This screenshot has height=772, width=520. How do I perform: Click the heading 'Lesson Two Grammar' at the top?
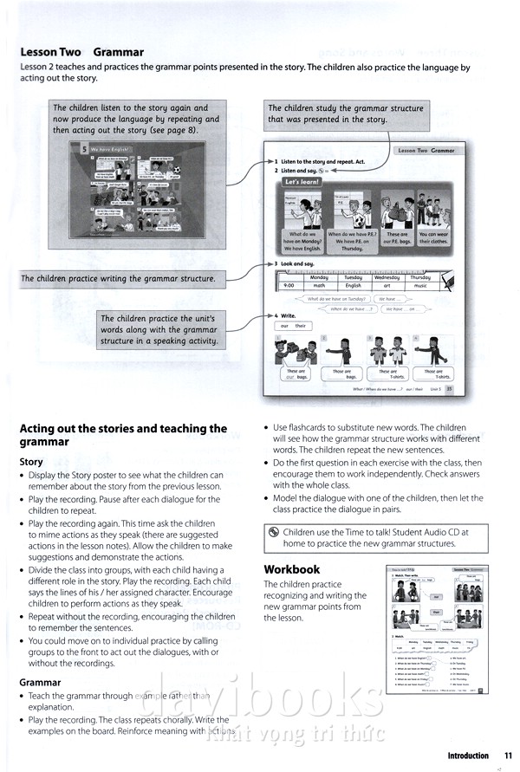[x=81, y=52]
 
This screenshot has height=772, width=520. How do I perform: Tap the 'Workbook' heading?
[x=291, y=569]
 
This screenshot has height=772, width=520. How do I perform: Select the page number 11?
[x=508, y=756]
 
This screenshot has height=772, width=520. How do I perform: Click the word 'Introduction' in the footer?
[x=468, y=756]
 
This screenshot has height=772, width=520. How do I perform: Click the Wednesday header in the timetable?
[x=387, y=277]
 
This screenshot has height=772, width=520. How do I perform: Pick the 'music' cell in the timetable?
[x=419, y=285]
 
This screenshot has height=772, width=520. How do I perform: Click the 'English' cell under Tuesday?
[x=354, y=285]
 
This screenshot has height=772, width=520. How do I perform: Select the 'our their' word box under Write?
[x=293, y=326]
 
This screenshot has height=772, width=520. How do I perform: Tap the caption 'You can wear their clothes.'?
[x=433, y=238]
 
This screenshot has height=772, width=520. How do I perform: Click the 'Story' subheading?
[x=31, y=462]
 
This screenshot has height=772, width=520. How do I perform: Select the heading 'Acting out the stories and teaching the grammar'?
[x=123, y=435]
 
